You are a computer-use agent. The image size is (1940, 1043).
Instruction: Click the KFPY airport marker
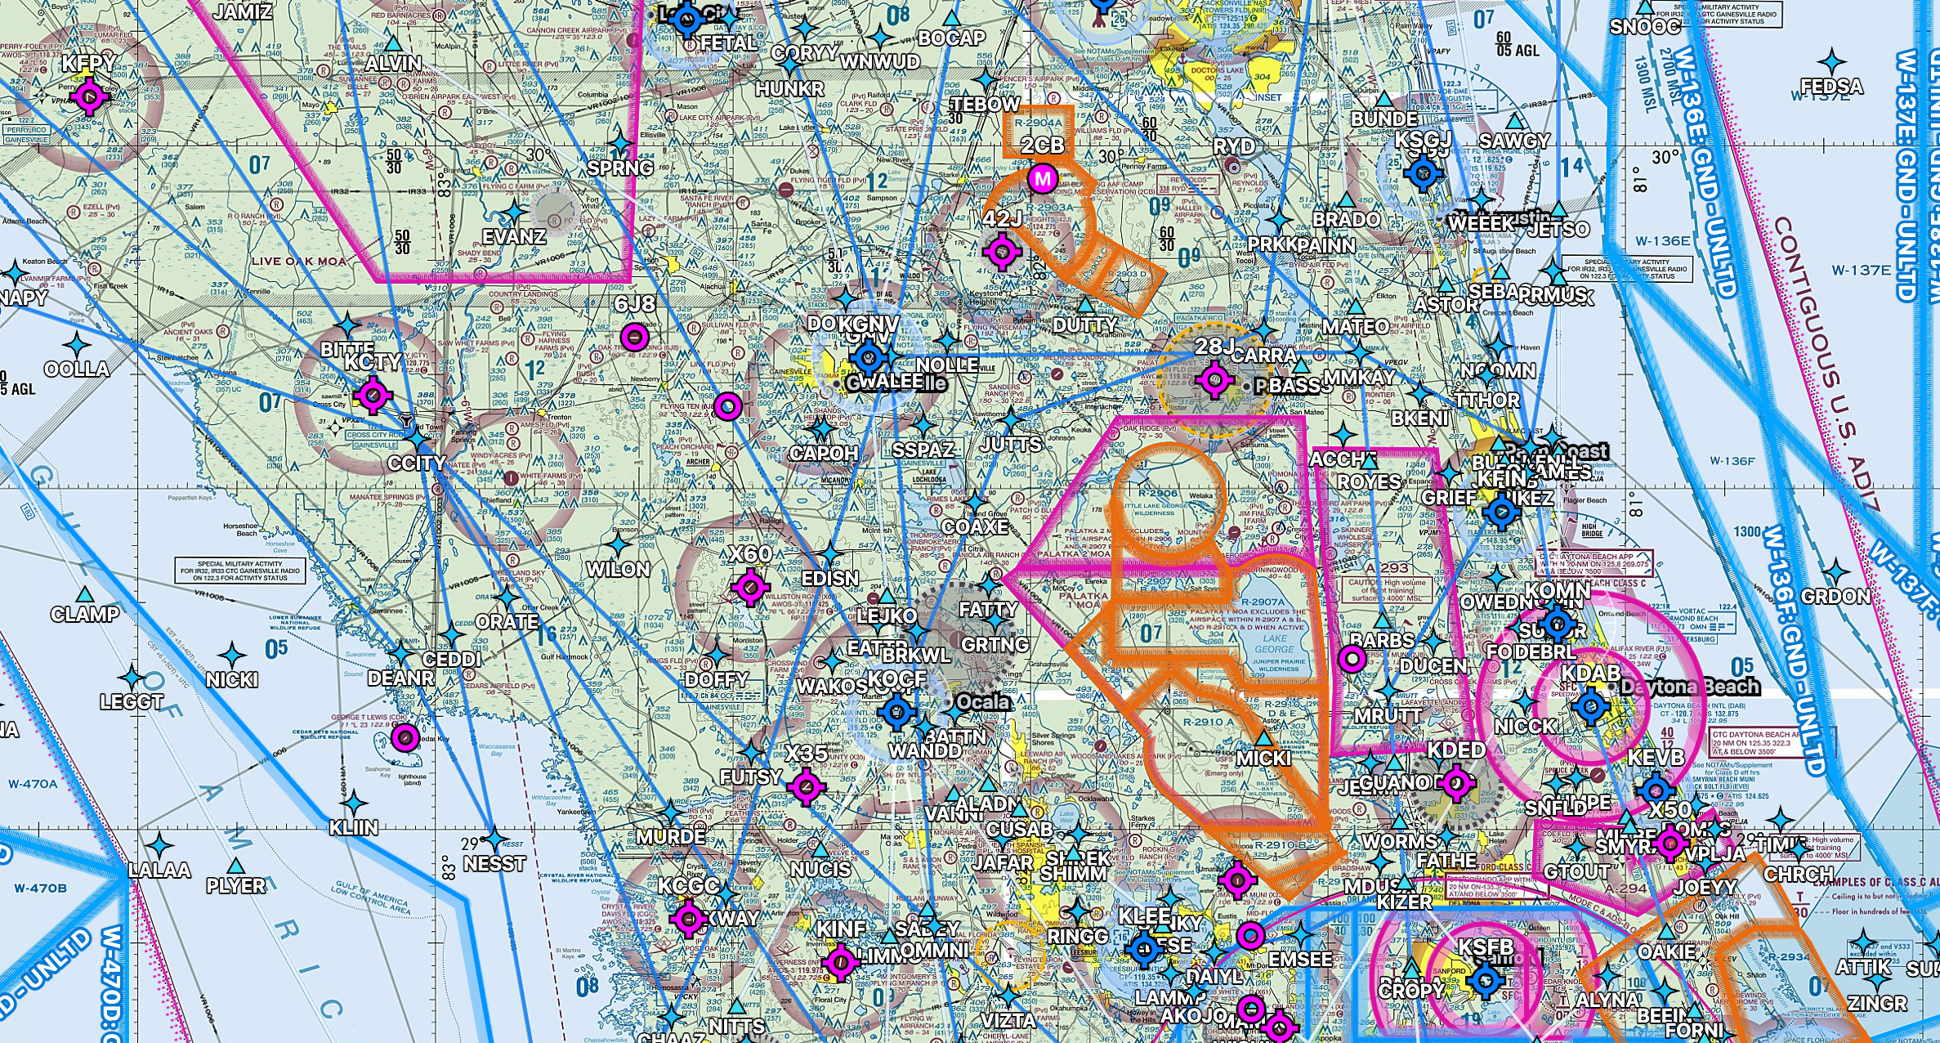[89, 96]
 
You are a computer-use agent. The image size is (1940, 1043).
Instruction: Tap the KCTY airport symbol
[373, 396]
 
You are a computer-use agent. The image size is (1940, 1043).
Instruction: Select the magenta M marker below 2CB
[1042, 178]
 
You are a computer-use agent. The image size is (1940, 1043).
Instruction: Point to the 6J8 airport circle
[635, 336]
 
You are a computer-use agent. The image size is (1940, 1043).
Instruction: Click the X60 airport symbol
[750, 586]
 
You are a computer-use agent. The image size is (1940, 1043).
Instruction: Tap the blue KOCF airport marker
[896, 712]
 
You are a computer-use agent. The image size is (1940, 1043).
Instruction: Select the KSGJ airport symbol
[1423, 172]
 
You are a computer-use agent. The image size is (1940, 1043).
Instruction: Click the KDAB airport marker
[1590, 706]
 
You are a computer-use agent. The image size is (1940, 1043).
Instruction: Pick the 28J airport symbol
[1214, 379]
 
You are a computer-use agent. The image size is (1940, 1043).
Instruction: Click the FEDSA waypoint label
[1831, 87]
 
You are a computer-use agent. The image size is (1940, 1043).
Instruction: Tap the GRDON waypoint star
[1835, 573]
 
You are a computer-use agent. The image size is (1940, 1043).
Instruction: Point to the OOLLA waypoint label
[76, 369]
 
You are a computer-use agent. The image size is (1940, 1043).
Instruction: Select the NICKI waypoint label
[231, 679]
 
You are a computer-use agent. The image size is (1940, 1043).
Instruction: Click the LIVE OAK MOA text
[298, 262]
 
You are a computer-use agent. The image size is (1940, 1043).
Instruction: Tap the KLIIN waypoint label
[353, 827]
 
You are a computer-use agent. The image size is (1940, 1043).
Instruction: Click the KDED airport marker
[1455, 783]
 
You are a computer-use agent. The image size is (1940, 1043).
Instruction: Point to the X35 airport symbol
[807, 786]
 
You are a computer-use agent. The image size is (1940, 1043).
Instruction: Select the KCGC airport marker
[688, 918]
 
